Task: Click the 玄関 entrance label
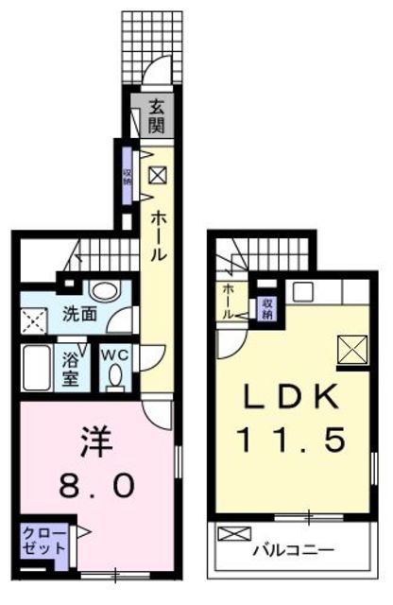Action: (x=157, y=115)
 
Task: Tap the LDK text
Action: (x=290, y=398)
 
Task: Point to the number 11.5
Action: (x=292, y=441)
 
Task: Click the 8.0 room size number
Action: (x=97, y=485)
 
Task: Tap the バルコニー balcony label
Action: (x=293, y=550)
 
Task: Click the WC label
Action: (x=114, y=355)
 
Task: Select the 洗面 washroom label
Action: (x=79, y=315)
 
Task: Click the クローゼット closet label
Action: (x=44, y=541)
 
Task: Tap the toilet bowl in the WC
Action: (x=114, y=376)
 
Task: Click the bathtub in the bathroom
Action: (x=37, y=368)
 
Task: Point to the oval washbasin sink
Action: (x=105, y=289)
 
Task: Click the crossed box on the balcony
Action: (x=234, y=534)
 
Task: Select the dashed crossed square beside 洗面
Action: (x=34, y=321)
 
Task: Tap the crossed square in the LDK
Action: (x=353, y=350)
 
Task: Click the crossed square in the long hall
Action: (x=158, y=175)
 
